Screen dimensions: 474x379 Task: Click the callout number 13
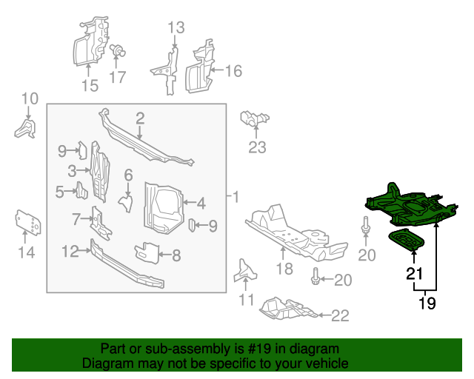[x=176, y=27]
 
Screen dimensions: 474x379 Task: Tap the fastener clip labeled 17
[x=117, y=51]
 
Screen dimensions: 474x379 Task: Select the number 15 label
[x=90, y=86]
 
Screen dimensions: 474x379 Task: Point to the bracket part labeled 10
[x=25, y=129]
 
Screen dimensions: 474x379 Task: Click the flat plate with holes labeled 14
[x=28, y=222]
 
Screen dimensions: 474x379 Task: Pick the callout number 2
[x=140, y=118]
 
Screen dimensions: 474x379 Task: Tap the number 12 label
[x=70, y=252]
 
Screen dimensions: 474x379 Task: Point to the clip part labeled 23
[x=254, y=118]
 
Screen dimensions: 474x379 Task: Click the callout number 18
[x=284, y=269]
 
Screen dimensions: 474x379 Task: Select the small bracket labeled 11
[x=245, y=271]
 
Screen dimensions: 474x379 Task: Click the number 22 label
[x=340, y=316]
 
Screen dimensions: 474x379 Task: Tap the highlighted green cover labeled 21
[x=407, y=240]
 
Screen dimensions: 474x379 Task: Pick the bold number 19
[x=427, y=303]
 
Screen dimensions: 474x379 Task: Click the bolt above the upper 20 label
[x=366, y=224]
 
